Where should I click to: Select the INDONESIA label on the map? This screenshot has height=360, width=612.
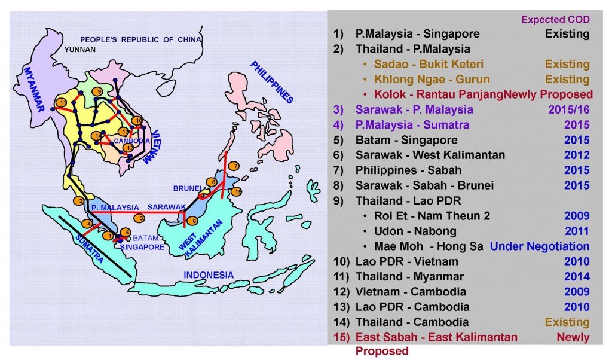[x=209, y=275]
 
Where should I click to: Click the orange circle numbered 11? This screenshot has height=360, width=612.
[x=60, y=103]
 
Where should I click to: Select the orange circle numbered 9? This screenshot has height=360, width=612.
[x=97, y=91]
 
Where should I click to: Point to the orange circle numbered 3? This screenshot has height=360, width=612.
[x=139, y=218]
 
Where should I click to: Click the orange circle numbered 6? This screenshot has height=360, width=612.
[x=192, y=221]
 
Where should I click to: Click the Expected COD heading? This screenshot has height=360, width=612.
[x=555, y=19]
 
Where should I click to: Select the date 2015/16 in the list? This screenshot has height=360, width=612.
[x=568, y=109]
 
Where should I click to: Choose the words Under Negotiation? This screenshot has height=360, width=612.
[x=539, y=246]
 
